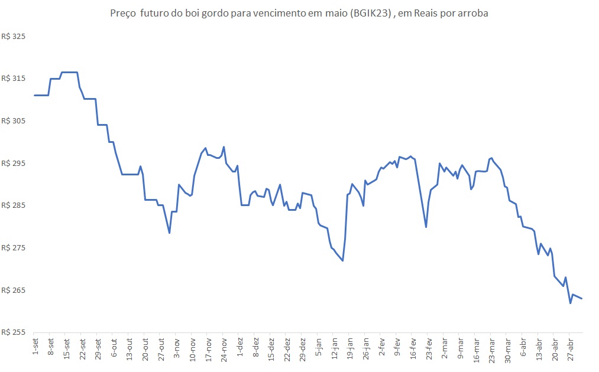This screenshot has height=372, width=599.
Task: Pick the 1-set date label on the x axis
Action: click(x=35, y=346)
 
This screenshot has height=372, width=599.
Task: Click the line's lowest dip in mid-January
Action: click(x=343, y=260)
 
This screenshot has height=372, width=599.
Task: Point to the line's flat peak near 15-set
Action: click(x=70, y=72)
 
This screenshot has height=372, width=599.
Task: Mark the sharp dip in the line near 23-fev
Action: click(x=426, y=227)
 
